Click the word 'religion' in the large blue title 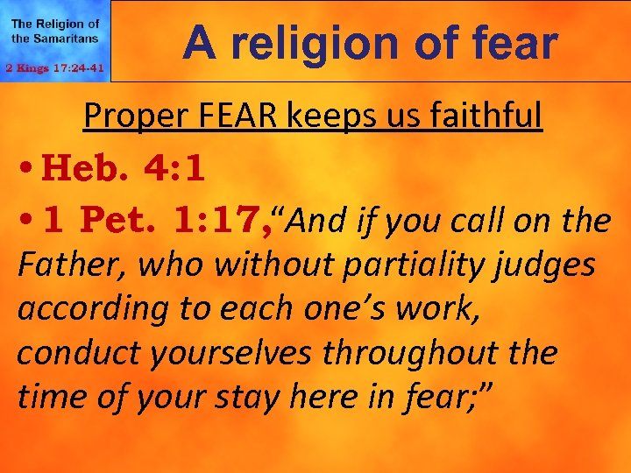pos(328,43)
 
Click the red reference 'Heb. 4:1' pos(124,169)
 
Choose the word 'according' pos(86,308)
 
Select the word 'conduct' pos(74,352)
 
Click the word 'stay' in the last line pos(282,398)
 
